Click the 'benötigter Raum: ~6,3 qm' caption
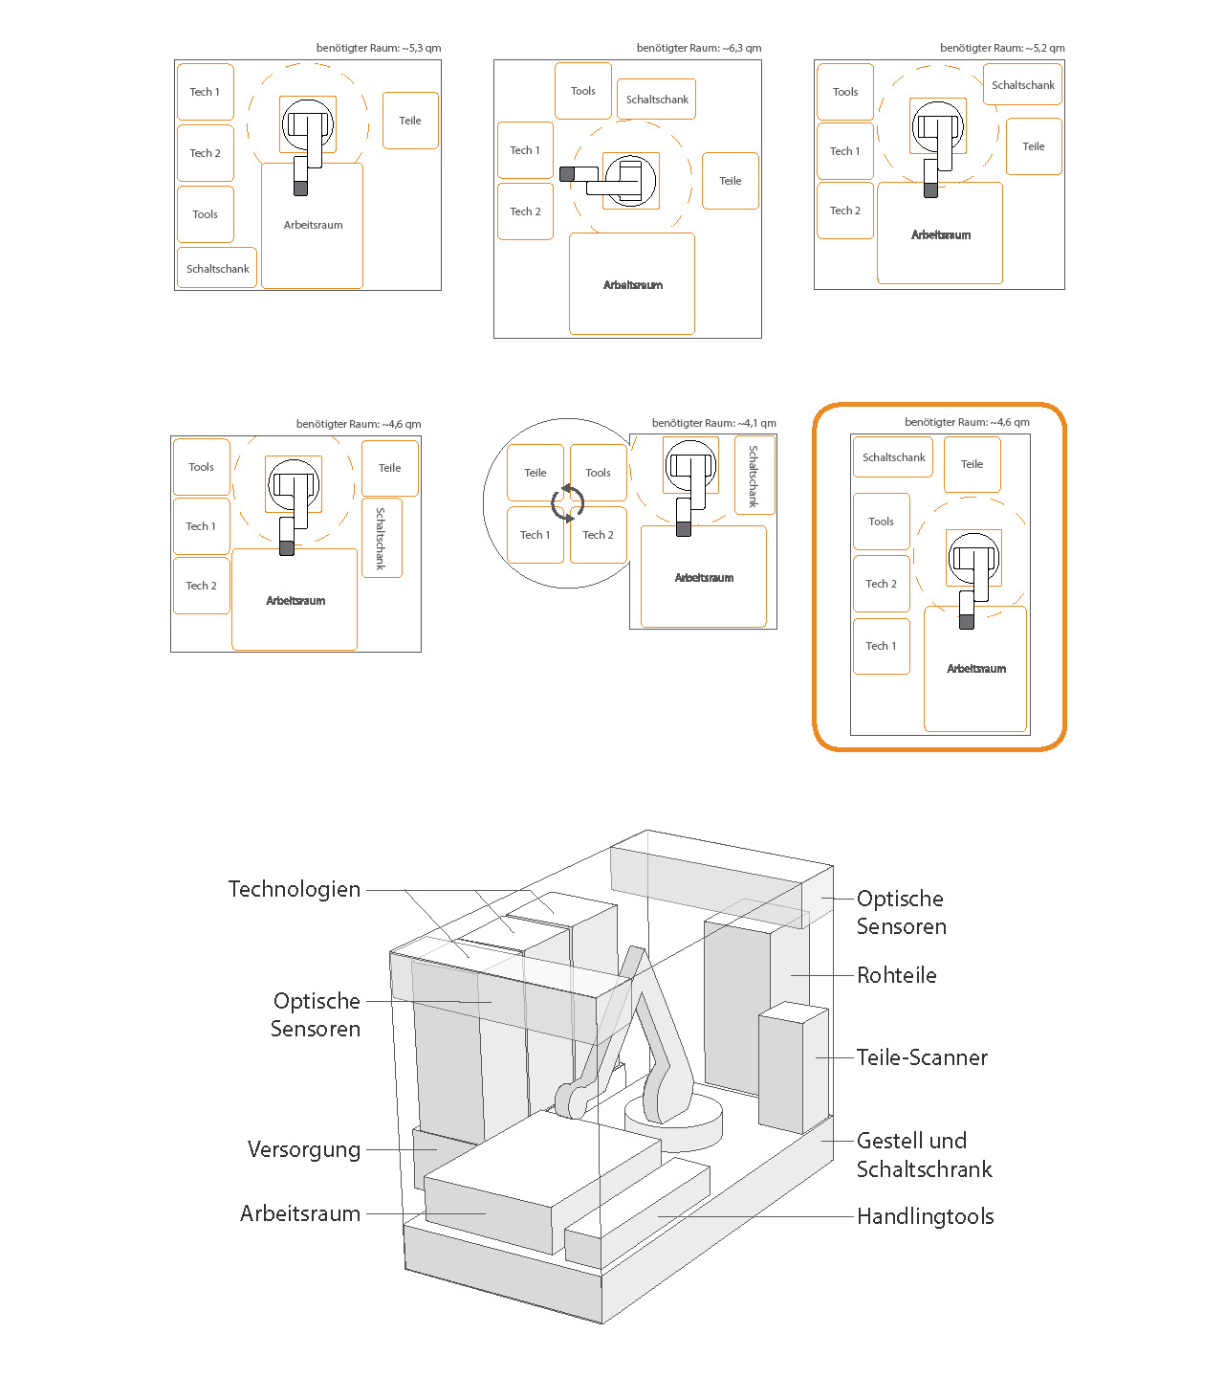[698, 48]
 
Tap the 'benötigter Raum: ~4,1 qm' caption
[713, 423]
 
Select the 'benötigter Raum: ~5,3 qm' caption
[379, 48]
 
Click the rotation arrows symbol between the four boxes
[567, 503]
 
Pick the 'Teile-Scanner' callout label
[922, 1057]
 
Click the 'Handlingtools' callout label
[925, 1216]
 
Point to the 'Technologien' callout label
[295, 889]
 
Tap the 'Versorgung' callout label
[304, 1149]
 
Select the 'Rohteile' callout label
[896, 975]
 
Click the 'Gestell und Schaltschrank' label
[924, 1155]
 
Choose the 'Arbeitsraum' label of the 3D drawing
[300, 1213]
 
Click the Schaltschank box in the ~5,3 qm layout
[217, 269]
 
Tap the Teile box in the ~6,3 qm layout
[731, 181]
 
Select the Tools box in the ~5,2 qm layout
[845, 92]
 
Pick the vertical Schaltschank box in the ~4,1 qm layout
[754, 476]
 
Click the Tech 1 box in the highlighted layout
[881, 646]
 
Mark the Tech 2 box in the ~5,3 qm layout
[205, 153]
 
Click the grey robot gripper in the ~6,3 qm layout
[566, 174]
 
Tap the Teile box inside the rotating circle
[535, 473]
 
